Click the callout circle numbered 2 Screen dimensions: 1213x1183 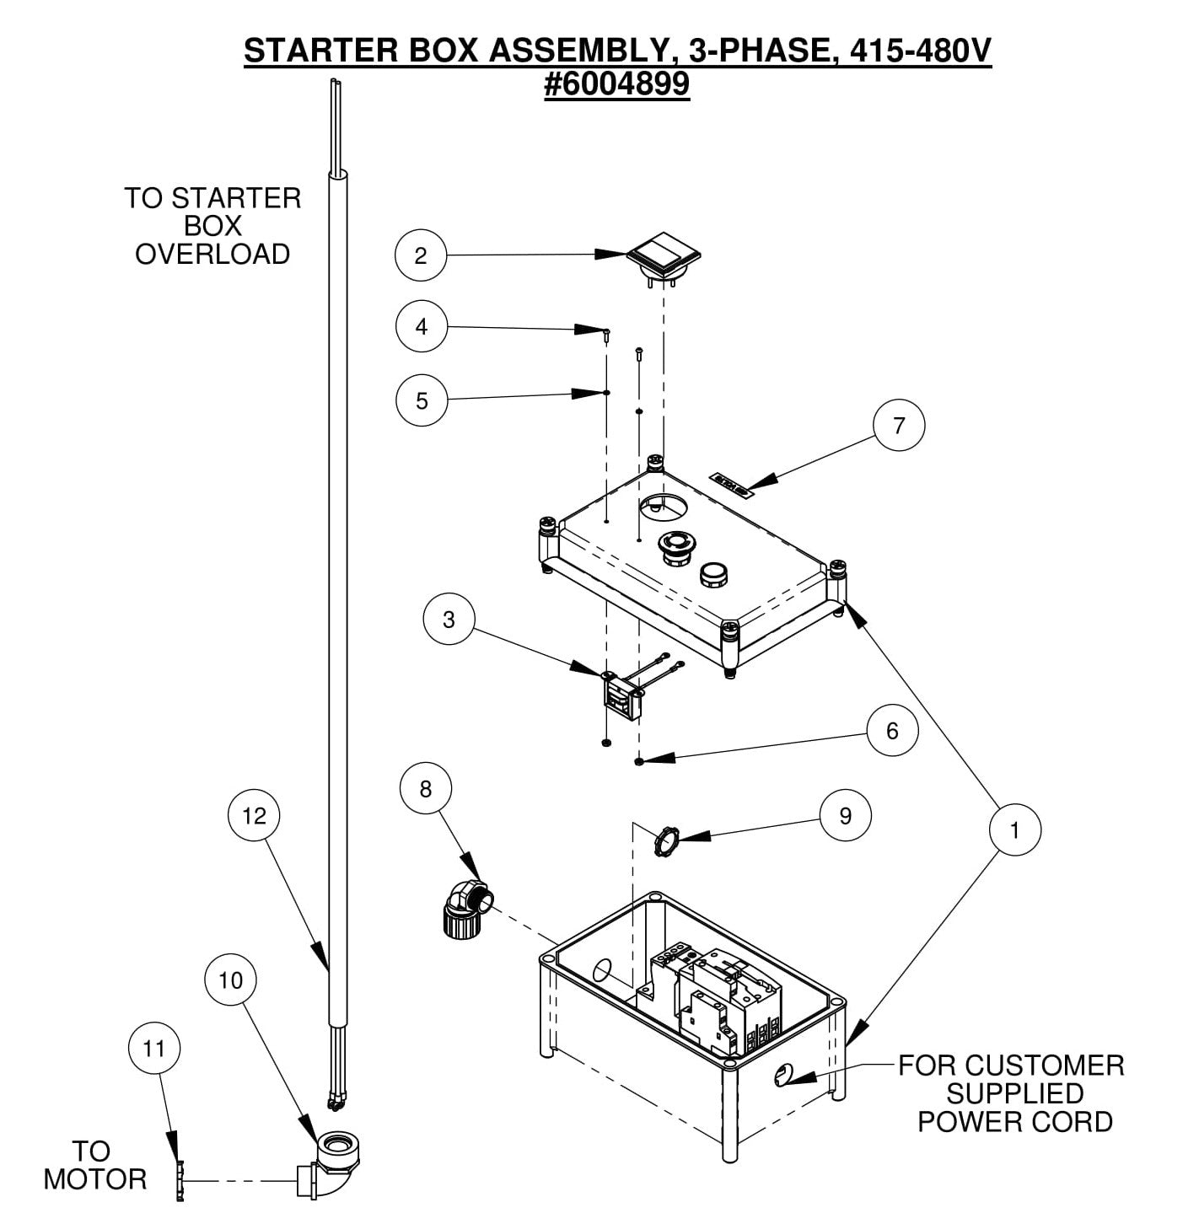click(421, 255)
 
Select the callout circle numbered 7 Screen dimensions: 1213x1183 click(898, 426)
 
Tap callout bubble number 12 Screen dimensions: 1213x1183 click(254, 815)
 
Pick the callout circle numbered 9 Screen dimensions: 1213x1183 click(845, 815)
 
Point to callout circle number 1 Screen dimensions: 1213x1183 click(1014, 830)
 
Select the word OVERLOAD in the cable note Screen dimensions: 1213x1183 click(212, 255)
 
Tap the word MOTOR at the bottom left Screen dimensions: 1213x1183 click(94, 1179)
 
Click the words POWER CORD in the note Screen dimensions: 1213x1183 click(1014, 1122)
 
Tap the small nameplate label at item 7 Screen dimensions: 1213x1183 click(730, 481)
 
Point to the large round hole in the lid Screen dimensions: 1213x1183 click(664, 507)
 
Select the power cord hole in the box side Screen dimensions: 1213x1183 click(782, 1074)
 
